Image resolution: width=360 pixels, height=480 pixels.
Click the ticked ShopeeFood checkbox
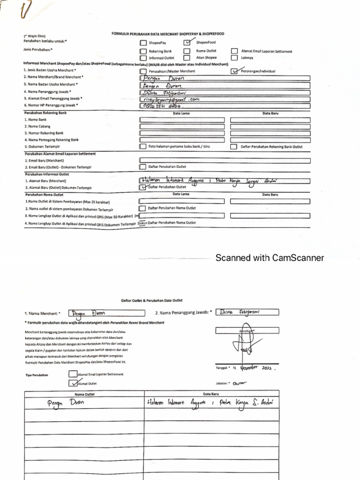[x=187, y=42]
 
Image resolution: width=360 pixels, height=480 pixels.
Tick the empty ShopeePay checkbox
[x=143, y=43]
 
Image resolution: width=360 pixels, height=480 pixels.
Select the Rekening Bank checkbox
[x=143, y=51]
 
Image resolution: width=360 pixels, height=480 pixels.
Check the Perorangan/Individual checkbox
[x=235, y=71]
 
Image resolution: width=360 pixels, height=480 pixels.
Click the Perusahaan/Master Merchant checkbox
[x=143, y=71]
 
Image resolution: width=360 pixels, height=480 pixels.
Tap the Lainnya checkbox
[x=234, y=58]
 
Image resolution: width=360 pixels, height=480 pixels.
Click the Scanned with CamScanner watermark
[x=270, y=258]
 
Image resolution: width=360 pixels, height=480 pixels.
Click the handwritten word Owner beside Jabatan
[x=239, y=383]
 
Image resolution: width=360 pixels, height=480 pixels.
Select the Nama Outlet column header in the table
[x=84, y=394]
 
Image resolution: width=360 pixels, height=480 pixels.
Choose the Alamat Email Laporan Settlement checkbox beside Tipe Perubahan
[x=73, y=374]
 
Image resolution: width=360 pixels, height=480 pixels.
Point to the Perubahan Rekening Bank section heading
[x=45, y=113]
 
